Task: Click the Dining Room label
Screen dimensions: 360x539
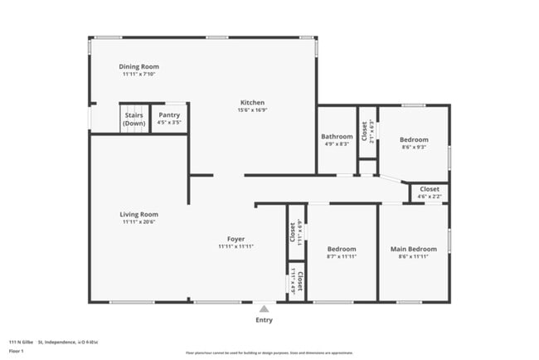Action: click(x=138, y=66)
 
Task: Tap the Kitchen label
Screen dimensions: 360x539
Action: click(x=252, y=102)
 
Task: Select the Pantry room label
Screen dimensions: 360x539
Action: click(x=169, y=115)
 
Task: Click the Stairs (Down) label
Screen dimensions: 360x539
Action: click(x=134, y=119)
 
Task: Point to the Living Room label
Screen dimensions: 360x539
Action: click(x=138, y=214)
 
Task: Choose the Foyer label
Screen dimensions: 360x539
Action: click(x=236, y=239)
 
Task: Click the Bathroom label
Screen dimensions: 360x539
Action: click(x=337, y=136)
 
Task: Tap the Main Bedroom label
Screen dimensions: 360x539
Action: click(x=413, y=249)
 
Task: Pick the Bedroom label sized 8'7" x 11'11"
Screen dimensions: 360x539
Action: click(x=341, y=249)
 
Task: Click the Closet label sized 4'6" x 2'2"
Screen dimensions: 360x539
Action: click(x=430, y=189)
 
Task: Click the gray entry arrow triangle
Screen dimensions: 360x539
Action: click(x=264, y=309)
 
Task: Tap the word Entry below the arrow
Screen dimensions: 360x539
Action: click(x=264, y=319)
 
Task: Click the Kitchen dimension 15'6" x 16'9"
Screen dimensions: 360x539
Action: click(x=252, y=109)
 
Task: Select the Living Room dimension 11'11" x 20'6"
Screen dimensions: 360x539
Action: click(x=138, y=221)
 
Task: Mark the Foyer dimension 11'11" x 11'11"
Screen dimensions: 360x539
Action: click(x=236, y=246)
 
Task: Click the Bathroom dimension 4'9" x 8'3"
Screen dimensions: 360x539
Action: click(x=337, y=144)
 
